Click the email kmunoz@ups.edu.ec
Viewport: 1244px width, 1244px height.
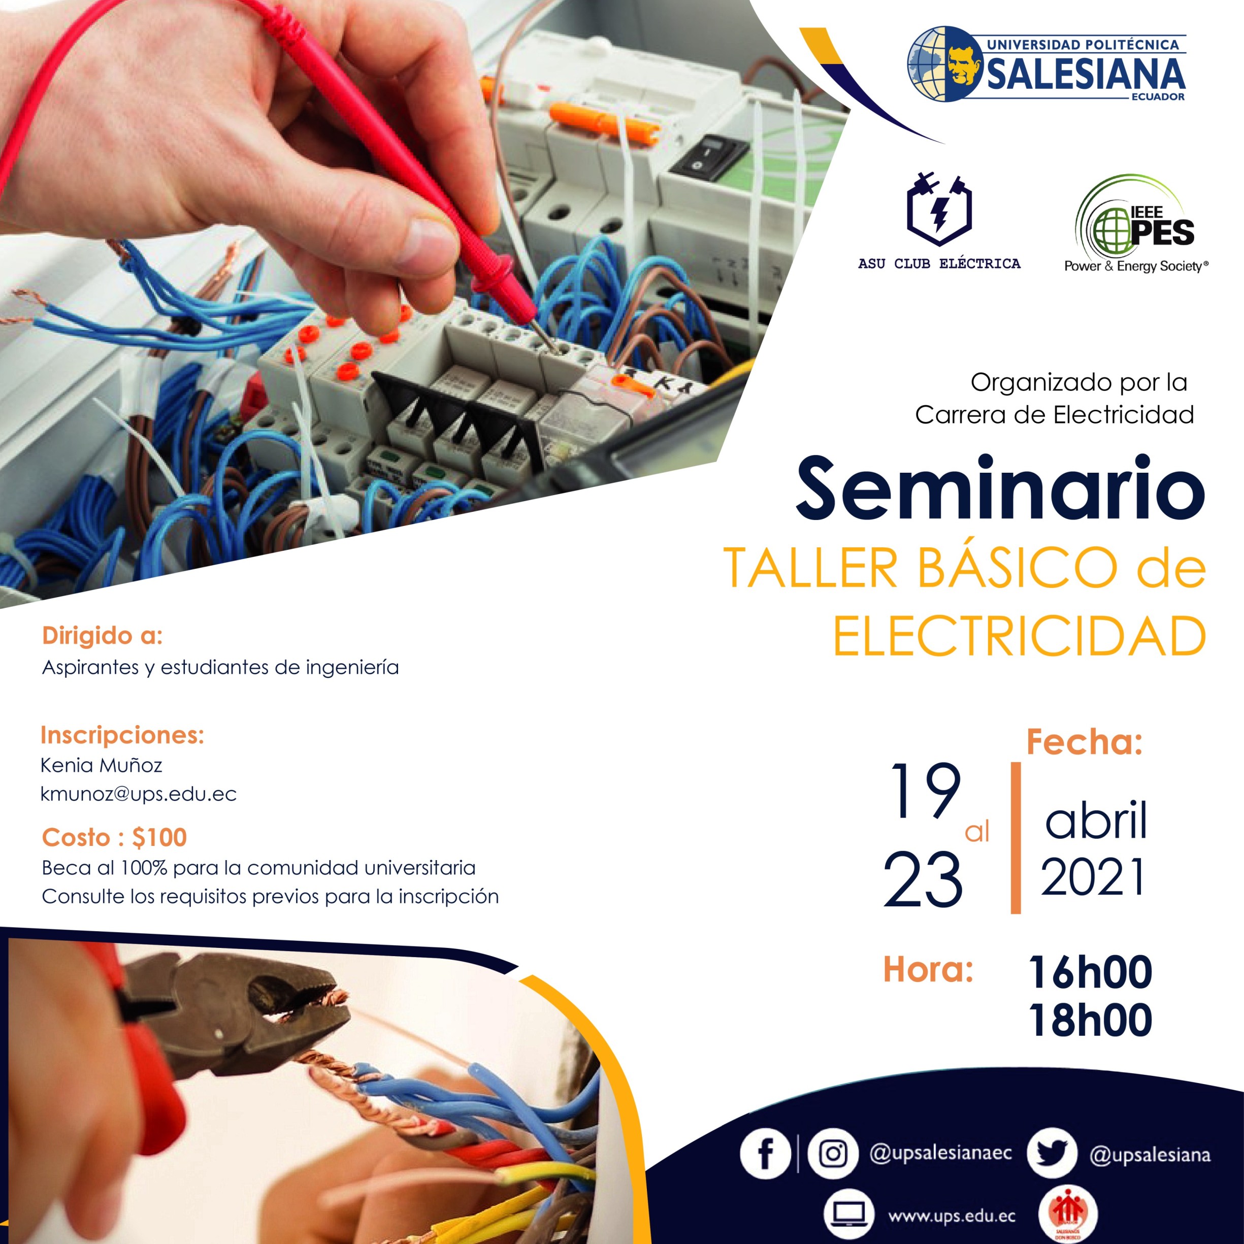[139, 795]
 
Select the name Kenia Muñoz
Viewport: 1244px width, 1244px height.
[101, 765]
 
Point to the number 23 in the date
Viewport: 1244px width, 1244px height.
[923, 879]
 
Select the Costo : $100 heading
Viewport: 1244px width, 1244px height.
[115, 838]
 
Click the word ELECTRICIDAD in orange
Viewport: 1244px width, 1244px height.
[1019, 636]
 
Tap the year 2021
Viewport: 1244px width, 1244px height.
[1093, 876]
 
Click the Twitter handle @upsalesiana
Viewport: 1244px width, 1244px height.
[1150, 1155]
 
